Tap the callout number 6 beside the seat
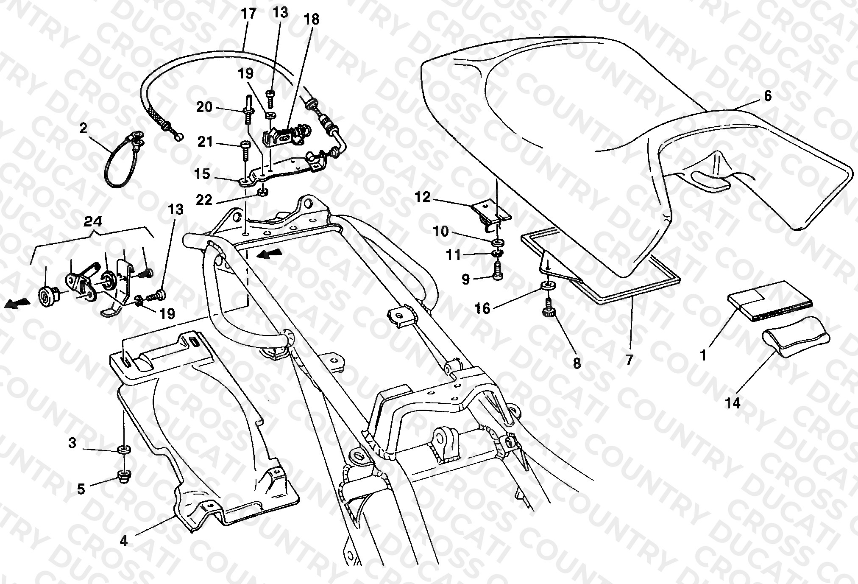pos(768,96)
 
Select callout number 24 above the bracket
pos(93,221)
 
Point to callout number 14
pos(733,403)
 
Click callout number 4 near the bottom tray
pos(123,541)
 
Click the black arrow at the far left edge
pos(18,303)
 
